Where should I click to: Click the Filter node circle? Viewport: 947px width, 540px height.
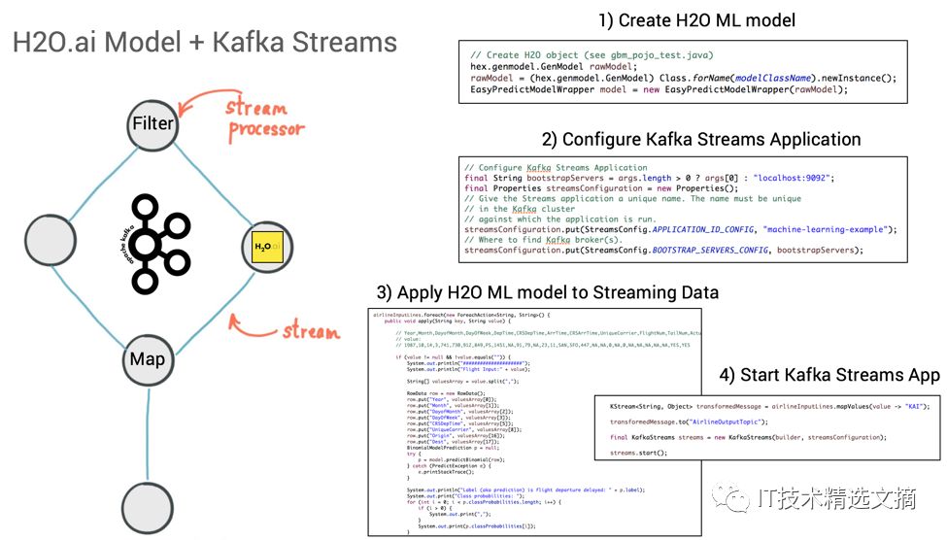[x=152, y=123]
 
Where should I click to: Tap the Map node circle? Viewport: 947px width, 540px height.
[x=148, y=359]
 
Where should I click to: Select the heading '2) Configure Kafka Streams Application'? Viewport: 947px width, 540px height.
[x=701, y=139]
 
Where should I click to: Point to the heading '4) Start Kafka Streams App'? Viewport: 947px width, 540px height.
[x=829, y=375]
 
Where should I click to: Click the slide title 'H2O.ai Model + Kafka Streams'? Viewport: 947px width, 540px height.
[x=204, y=43]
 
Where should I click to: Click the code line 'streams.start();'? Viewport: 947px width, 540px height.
[x=638, y=454]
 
